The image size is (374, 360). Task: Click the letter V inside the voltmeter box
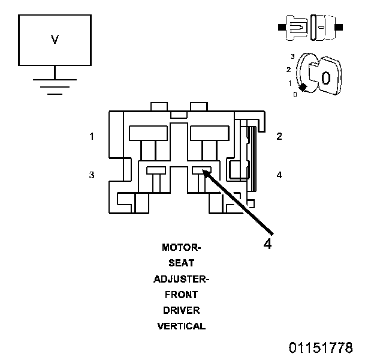click(55, 40)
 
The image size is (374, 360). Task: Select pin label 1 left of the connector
click(92, 136)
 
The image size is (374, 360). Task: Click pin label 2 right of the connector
click(279, 136)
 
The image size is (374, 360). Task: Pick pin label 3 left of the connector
click(92, 175)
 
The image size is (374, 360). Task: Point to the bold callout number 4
click(268, 244)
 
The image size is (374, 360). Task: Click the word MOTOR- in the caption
click(182, 248)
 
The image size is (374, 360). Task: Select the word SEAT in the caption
click(182, 263)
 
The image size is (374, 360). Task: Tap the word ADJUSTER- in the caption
click(182, 279)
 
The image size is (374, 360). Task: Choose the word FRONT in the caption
click(182, 295)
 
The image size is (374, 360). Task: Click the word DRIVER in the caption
click(182, 310)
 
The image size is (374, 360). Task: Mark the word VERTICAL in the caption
click(182, 326)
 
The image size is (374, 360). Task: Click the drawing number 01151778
click(321, 347)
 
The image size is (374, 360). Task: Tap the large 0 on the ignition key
click(326, 78)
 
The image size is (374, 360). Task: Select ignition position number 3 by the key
click(292, 56)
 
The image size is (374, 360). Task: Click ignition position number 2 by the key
click(289, 70)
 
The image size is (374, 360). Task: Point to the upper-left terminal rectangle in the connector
click(148, 133)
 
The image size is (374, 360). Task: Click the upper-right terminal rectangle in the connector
click(210, 133)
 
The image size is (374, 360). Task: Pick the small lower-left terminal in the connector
click(156, 170)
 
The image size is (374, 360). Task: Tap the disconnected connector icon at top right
click(310, 28)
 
